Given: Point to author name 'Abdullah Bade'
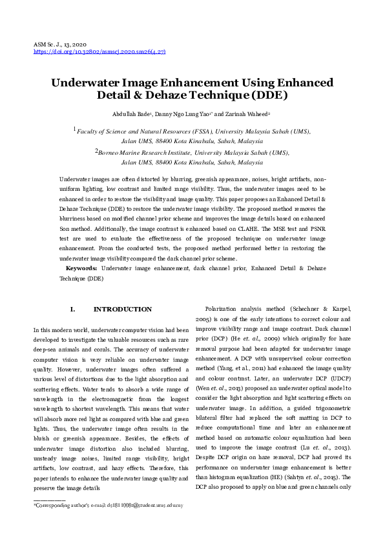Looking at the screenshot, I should coord(130,114).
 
